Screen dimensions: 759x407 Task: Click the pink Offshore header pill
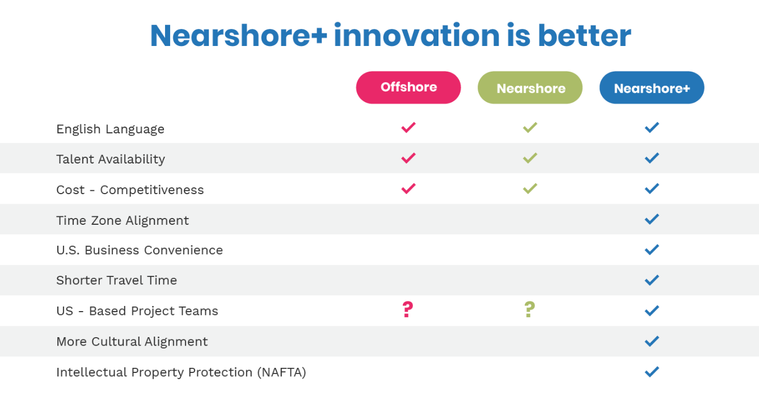[408, 87]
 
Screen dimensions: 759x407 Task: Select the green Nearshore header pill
[530, 87]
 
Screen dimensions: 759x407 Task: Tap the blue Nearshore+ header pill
[652, 87]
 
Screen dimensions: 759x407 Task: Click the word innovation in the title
[417, 35]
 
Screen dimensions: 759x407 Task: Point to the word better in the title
[584, 35]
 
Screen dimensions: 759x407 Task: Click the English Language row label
[111, 129]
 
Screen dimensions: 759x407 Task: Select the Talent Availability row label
[111, 160]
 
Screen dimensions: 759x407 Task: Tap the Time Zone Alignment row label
[123, 221]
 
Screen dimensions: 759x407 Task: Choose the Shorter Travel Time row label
[116, 280]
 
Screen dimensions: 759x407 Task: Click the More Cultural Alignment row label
[132, 342]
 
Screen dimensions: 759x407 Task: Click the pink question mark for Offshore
[408, 309]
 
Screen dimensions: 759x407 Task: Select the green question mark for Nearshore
[530, 309]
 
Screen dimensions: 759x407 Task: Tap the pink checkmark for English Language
[408, 128]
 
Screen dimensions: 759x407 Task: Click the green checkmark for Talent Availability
[530, 158]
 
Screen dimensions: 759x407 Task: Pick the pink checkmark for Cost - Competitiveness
[408, 188]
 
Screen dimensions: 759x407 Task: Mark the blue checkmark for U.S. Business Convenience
[652, 250]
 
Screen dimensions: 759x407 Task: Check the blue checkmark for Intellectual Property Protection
[652, 372]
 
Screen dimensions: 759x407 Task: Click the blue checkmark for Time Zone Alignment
[652, 219]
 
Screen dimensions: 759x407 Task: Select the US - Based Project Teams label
[137, 311]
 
